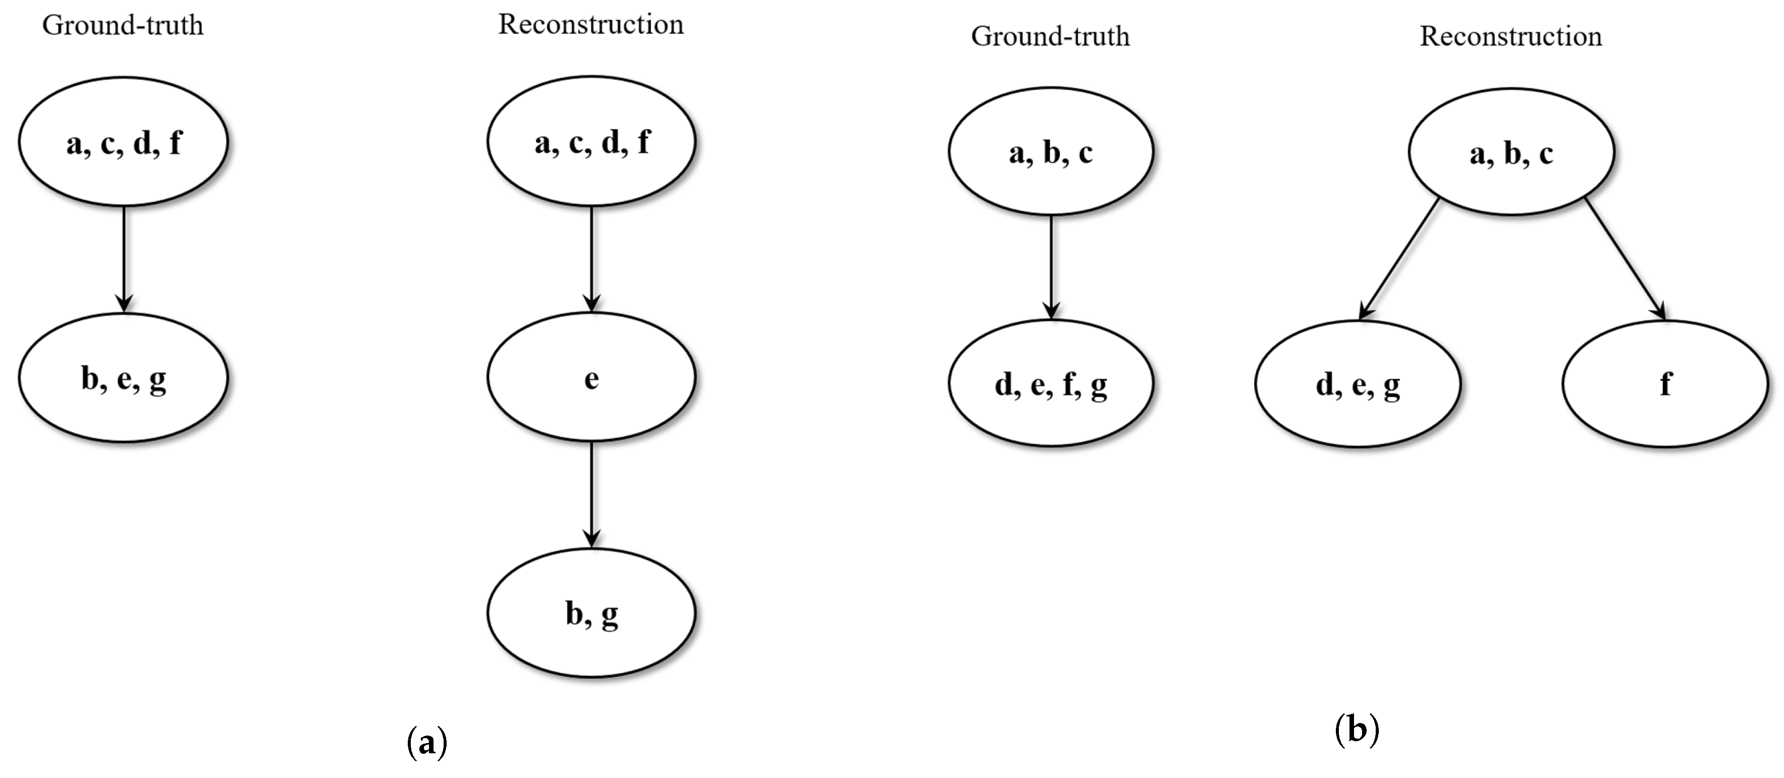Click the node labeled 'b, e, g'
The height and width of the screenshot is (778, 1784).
tap(123, 378)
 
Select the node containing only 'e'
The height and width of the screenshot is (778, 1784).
tap(591, 378)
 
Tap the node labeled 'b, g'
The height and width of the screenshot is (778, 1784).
tap(591, 613)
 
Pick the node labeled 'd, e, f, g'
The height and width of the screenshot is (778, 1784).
tap(1051, 383)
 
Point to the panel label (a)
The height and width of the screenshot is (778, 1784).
tap(426, 743)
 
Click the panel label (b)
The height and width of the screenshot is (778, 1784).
tap(1357, 730)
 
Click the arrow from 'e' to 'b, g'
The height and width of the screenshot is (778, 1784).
tap(591, 495)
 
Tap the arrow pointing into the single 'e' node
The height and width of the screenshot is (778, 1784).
tap(591, 259)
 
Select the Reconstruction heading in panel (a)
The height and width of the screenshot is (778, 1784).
tap(591, 24)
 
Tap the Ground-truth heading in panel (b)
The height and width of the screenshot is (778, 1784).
tap(1050, 36)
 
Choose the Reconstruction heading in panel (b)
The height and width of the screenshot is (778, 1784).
tap(1510, 36)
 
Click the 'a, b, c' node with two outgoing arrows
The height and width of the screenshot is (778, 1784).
tap(1511, 152)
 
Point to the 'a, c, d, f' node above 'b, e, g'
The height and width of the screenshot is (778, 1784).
tap(123, 142)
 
